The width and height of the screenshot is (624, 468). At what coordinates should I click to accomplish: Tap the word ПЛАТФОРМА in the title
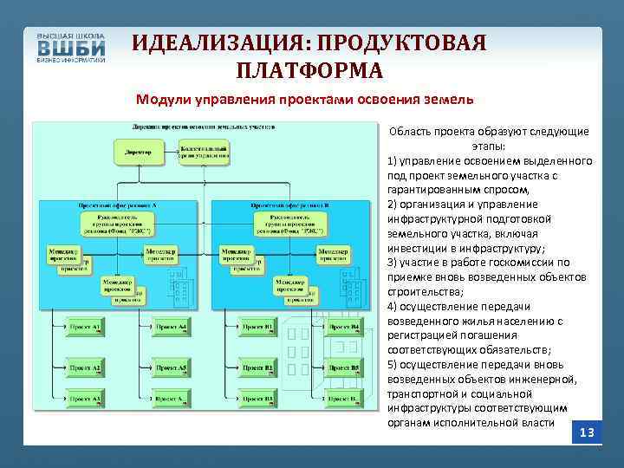click(x=309, y=69)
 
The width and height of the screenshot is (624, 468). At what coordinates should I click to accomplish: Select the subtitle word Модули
click(x=162, y=99)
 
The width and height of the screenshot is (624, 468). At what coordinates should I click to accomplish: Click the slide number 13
click(x=587, y=432)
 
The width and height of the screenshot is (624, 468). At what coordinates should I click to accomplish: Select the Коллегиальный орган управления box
click(x=204, y=153)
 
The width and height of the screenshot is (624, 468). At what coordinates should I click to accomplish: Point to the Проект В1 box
click(x=258, y=327)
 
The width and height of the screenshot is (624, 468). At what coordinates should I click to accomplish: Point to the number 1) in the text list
click(x=393, y=161)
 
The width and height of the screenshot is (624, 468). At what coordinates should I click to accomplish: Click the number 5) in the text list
click(x=393, y=364)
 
